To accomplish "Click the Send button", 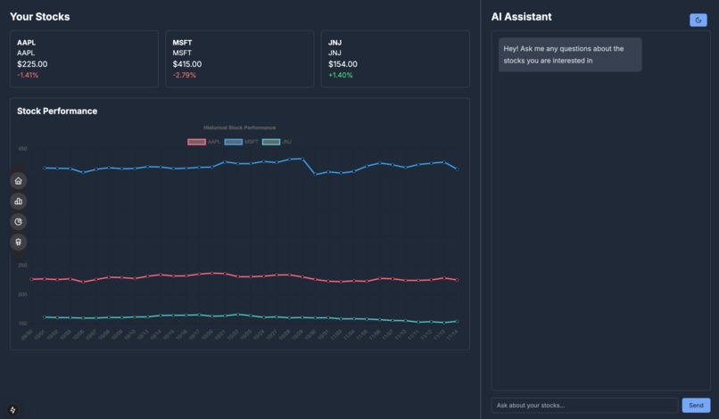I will tap(696, 406).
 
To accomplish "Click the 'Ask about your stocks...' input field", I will tap(584, 406).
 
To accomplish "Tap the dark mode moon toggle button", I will tap(698, 20).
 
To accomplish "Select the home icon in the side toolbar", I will tap(18, 181).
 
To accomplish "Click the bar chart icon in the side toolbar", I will tap(18, 201).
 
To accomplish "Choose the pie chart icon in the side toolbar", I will tap(18, 222).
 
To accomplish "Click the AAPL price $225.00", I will tap(32, 64).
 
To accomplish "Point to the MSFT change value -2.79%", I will tap(184, 75).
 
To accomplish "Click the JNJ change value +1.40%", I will tap(340, 75).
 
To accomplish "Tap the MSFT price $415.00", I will tap(187, 64).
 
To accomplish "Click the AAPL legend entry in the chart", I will tap(204, 142).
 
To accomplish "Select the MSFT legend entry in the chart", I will tap(242, 142).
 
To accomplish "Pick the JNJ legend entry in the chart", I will tap(277, 142).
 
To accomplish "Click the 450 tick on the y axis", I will tap(22, 149).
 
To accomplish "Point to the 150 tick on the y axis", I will tap(22, 324).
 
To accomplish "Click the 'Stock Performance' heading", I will tap(57, 111).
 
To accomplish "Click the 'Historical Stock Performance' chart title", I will tap(239, 127).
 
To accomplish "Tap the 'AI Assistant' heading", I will tap(521, 17).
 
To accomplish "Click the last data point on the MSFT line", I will tap(458, 168).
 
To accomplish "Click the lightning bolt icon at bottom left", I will tap(12, 410).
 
